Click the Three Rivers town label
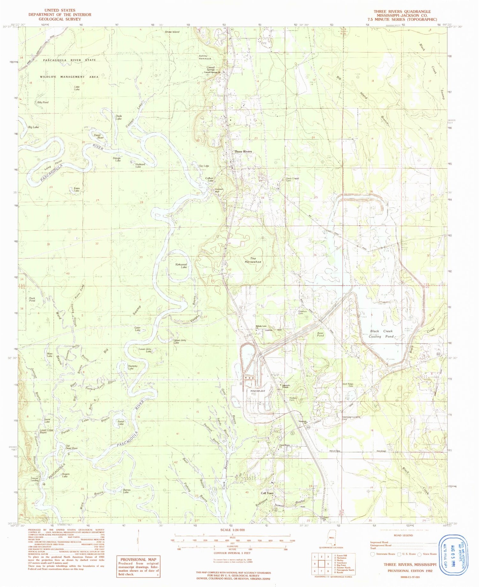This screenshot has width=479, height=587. click(243, 152)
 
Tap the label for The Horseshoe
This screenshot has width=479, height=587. click(253, 260)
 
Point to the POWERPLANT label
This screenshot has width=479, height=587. click(258, 391)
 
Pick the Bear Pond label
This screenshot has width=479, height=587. click(320, 334)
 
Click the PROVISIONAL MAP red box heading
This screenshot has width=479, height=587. click(138, 559)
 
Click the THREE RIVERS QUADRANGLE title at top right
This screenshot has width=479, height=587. click(402, 11)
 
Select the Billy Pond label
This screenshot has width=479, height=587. click(43, 102)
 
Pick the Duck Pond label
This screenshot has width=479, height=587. click(32, 299)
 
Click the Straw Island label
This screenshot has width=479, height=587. click(172, 32)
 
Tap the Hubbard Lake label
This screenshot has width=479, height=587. click(138, 165)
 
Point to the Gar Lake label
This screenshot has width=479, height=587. click(204, 166)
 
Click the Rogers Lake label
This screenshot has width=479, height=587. click(65, 475)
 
